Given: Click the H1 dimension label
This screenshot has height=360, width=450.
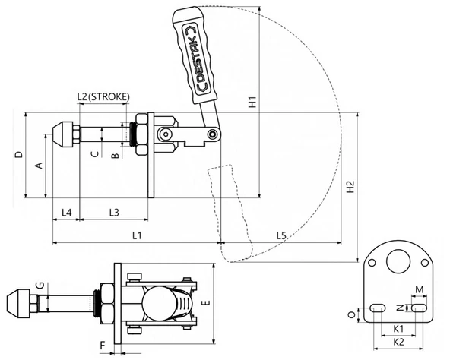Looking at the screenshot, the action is pos(252,103).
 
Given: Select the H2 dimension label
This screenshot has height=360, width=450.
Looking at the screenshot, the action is pos(350,187).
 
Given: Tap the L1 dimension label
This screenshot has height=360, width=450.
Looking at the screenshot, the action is pos(137,235).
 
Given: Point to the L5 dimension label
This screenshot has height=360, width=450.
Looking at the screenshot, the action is pos(281,235).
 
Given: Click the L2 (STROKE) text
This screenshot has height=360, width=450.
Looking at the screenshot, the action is pos(103,96).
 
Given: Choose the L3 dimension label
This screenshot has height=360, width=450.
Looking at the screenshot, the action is pos(114,213).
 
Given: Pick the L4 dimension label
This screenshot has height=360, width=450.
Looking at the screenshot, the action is pos(67,213).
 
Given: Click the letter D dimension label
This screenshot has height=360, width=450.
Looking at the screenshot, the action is pos(19,155).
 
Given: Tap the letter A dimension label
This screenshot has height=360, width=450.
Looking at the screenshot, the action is pos(39,166).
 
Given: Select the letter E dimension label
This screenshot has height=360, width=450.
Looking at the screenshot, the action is pos(206,302).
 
